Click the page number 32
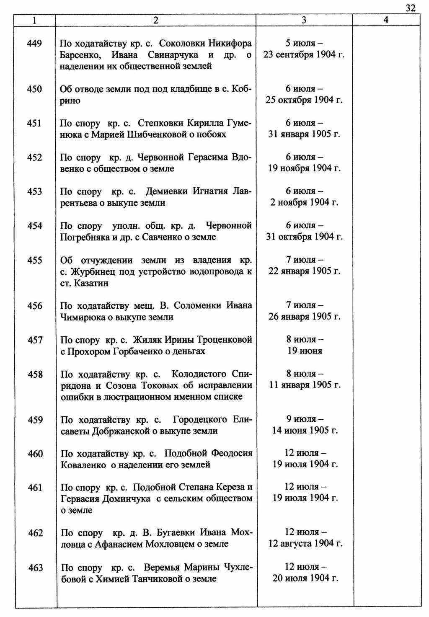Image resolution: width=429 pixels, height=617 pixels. (411, 8)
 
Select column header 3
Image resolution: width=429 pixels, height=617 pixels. (304, 20)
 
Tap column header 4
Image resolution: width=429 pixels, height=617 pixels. (386, 20)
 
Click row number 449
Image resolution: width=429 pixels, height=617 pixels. (35, 44)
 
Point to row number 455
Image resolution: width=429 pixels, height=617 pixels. (35, 261)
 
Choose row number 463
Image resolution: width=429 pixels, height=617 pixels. (36, 568)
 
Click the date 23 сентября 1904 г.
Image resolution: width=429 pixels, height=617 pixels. (304, 55)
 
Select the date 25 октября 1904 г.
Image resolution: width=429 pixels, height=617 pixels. (304, 100)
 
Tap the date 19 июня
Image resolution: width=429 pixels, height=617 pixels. (305, 351)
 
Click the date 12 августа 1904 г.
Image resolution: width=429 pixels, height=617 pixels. (305, 544)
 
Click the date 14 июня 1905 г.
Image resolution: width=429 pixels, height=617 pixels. (305, 431)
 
